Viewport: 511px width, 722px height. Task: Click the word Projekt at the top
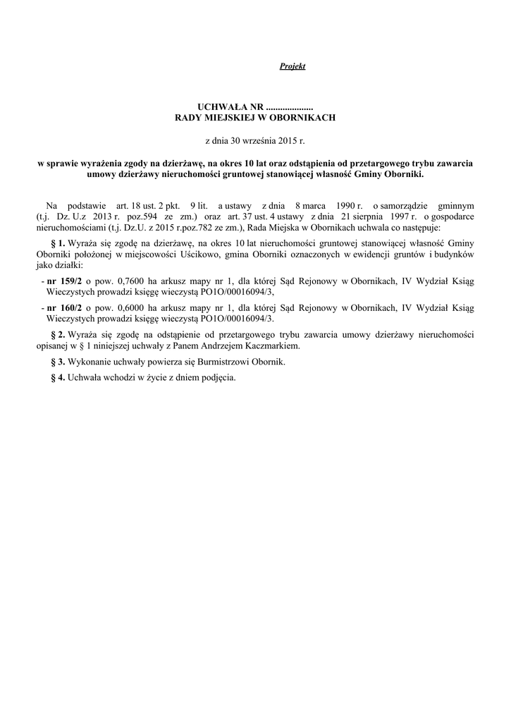pos(292,66)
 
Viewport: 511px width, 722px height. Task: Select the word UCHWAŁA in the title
pos(218,106)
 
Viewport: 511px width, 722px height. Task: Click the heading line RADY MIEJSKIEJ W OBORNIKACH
pos(255,117)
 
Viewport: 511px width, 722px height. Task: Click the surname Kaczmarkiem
pos(271,346)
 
